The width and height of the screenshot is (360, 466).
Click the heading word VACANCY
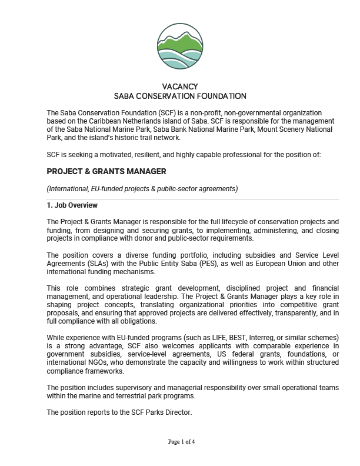coord(180,86)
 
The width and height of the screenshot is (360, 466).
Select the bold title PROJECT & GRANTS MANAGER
coord(106,171)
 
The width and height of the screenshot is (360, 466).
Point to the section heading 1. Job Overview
coord(72,205)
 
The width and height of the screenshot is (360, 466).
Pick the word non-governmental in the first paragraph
coord(256,112)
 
